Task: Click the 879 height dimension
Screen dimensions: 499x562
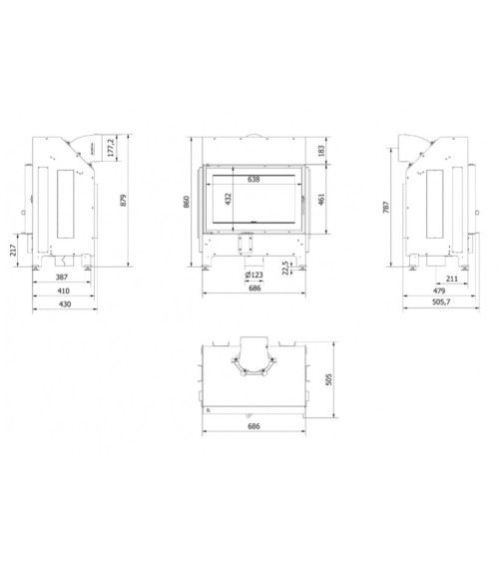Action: pyautogui.click(x=123, y=200)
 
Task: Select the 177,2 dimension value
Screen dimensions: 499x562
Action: pyautogui.click(x=111, y=148)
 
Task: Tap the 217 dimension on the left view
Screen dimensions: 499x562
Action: pyautogui.click(x=13, y=250)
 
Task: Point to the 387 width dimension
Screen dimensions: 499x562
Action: pyautogui.click(x=62, y=277)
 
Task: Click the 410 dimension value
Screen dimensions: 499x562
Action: pyautogui.click(x=64, y=290)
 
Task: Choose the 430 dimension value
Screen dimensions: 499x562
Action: pyautogui.click(x=65, y=303)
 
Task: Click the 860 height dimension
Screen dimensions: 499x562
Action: pyautogui.click(x=187, y=202)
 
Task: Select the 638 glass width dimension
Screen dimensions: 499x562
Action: pyautogui.click(x=253, y=179)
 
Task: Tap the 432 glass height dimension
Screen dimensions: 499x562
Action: pyautogui.click(x=229, y=200)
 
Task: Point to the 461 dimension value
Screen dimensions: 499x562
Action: pyautogui.click(x=321, y=200)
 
